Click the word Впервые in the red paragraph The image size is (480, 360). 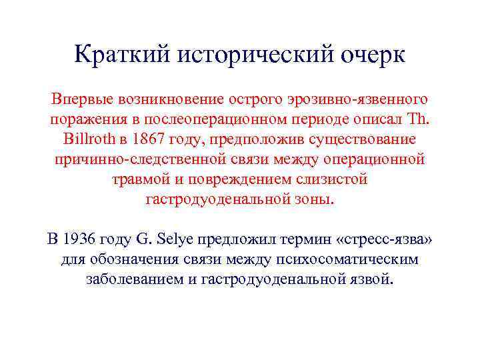(83, 100)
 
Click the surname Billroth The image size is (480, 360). (88, 140)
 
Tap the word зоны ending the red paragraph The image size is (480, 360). (313, 200)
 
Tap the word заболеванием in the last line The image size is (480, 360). (135, 279)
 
